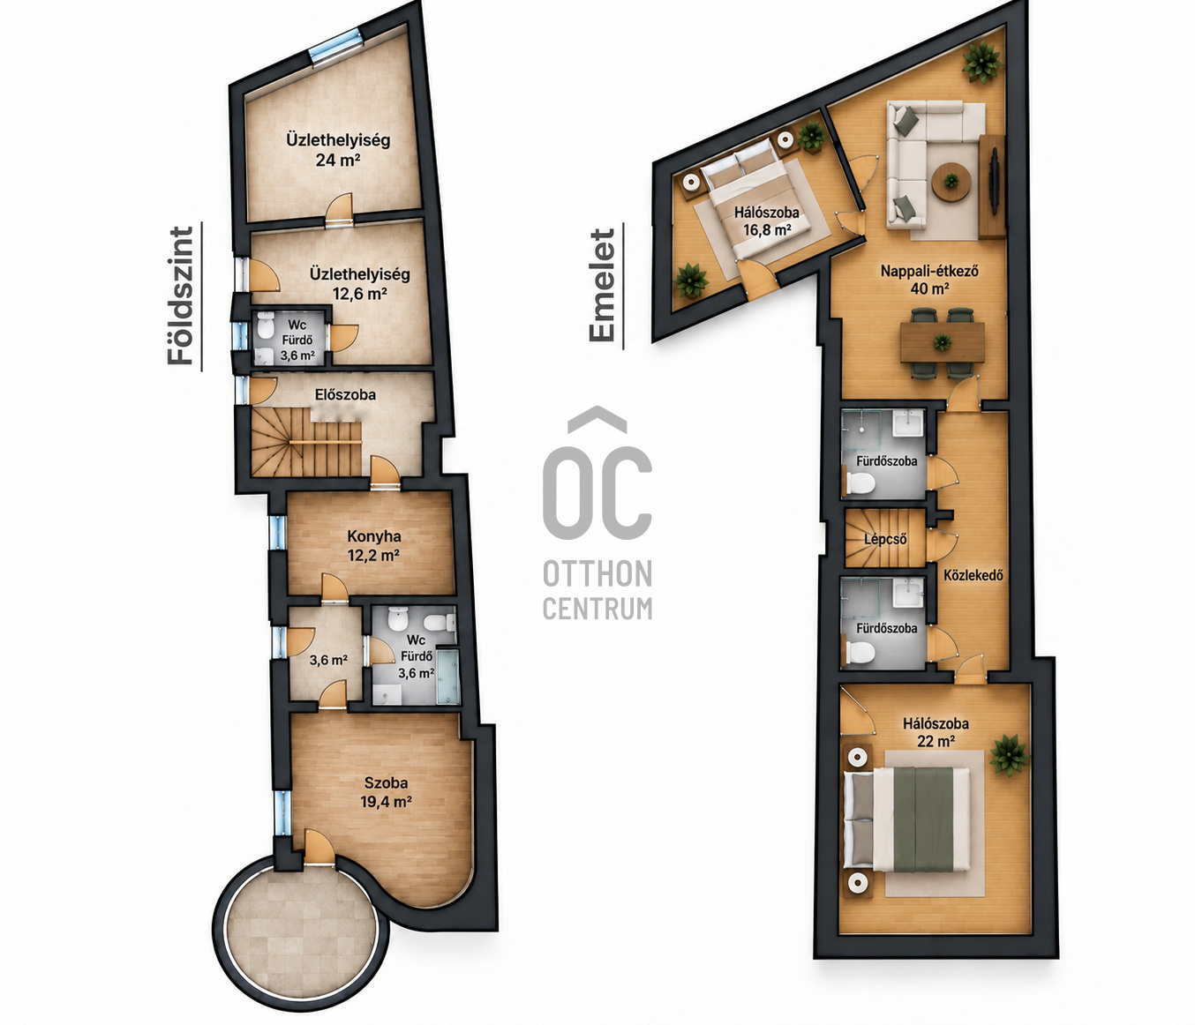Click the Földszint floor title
[180, 296]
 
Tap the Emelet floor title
[601, 285]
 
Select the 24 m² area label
[338, 159]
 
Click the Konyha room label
[374, 536]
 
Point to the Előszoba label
[345, 394]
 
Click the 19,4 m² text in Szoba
[387, 802]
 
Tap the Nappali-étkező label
[929, 271]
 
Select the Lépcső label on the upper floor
[885, 540]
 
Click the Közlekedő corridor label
[973, 575]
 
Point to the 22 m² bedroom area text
[935, 741]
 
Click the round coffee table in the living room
[951, 182]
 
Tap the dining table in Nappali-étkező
[942, 341]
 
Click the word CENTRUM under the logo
[597, 609]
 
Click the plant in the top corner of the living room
[981, 64]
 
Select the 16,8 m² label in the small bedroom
[767, 230]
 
